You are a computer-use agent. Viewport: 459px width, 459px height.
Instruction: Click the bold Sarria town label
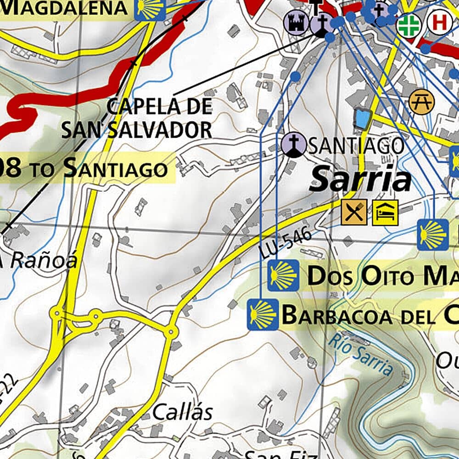pyautogui.click(x=360, y=180)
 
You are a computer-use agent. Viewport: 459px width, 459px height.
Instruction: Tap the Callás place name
pyautogui.click(x=182, y=412)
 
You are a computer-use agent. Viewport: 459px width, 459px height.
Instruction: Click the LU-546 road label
pyautogui.click(x=285, y=244)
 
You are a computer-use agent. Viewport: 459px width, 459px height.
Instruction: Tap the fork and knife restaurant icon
pyautogui.click(x=354, y=213)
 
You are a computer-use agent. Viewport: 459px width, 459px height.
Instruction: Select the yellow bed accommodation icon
pyautogui.click(x=385, y=213)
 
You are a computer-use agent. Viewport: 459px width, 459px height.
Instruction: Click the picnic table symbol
pyautogui.click(x=421, y=102)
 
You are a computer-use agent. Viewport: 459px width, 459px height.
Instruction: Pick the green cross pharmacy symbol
pyautogui.click(x=409, y=26)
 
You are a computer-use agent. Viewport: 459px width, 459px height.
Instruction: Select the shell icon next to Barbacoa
pyautogui.click(x=263, y=315)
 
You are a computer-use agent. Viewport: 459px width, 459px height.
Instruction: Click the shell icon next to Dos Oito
pyautogui.click(x=283, y=275)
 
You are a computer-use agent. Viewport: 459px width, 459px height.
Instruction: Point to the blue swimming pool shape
pyautogui.click(x=362, y=119)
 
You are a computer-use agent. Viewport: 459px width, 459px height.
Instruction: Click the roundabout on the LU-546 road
pyautogui.click(x=171, y=330)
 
